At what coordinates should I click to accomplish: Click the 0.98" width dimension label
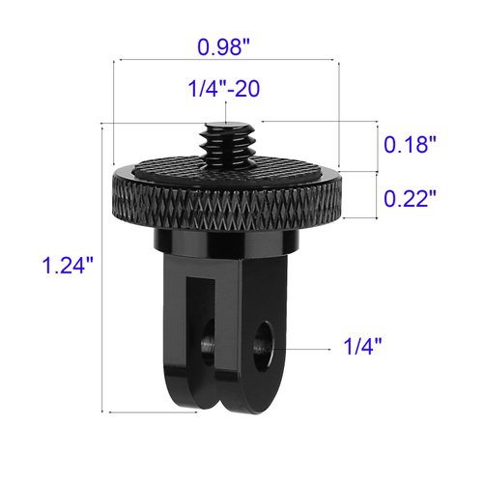[227, 45]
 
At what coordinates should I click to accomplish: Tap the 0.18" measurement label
[411, 146]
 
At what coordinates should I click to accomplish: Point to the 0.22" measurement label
[411, 198]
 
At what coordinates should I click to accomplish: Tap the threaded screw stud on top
[226, 140]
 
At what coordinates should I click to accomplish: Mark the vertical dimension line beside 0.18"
[375, 146]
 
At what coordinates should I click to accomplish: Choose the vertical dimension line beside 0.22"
[375, 196]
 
